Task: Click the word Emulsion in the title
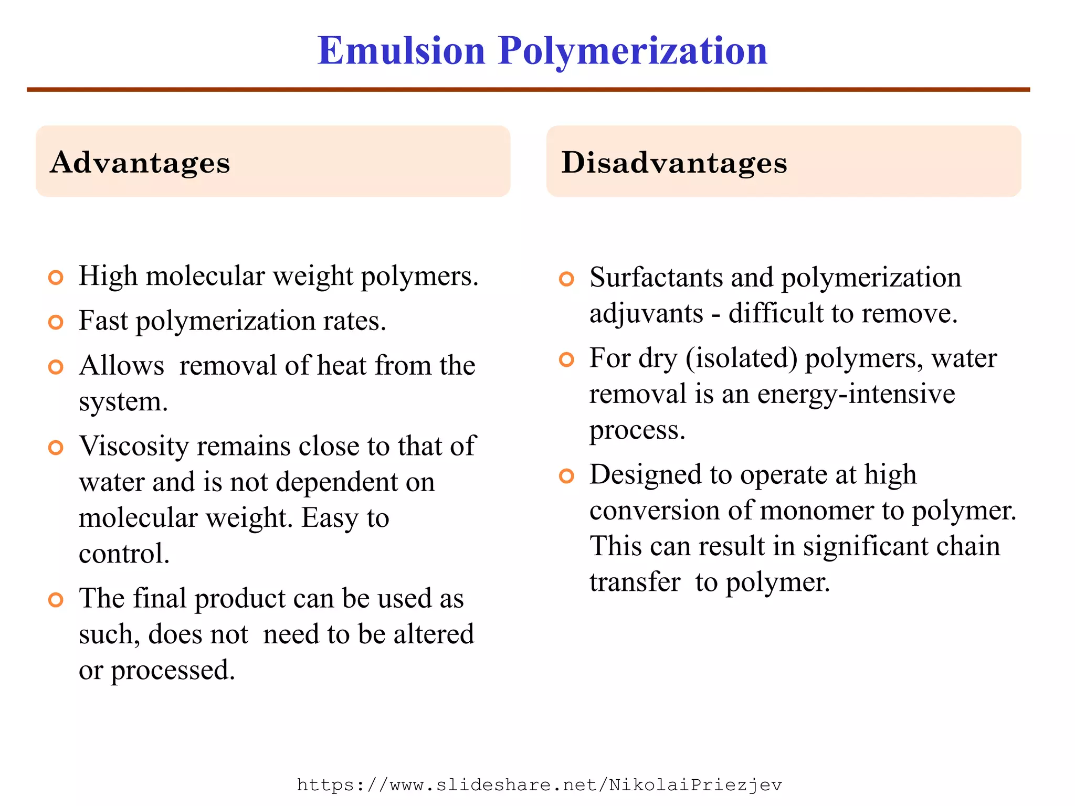point(402,51)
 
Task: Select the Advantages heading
point(140,162)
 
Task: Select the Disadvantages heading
point(674,162)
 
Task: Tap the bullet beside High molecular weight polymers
point(56,277)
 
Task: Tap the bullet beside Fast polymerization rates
point(56,322)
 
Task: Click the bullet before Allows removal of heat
point(56,366)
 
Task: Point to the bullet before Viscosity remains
point(56,448)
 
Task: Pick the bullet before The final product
point(56,599)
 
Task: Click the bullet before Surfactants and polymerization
point(566,279)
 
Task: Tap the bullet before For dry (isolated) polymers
point(566,359)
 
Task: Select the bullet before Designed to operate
point(566,476)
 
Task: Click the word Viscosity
point(133,446)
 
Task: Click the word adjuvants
point(646,313)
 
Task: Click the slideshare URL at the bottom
point(539,785)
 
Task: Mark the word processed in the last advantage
point(173,671)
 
